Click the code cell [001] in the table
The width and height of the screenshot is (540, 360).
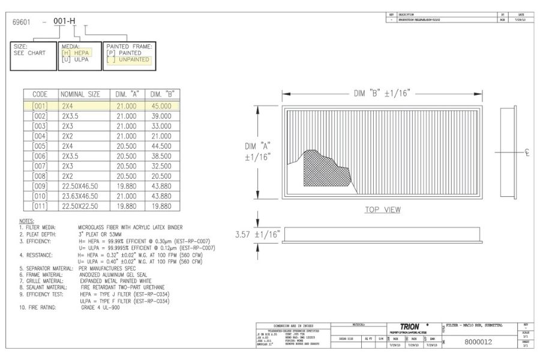pyautogui.click(x=40, y=106)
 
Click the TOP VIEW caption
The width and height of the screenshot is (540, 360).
pyautogui.click(x=383, y=210)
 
